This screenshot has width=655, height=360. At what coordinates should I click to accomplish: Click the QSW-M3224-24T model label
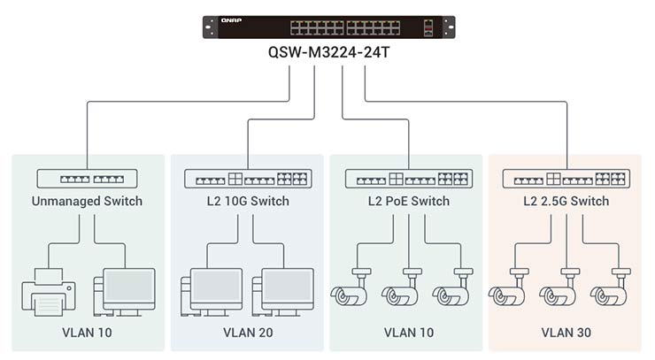click(328, 51)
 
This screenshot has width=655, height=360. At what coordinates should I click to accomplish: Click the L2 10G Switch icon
click(247, 179)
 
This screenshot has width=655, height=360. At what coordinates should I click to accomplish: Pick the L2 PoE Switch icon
click(408, 179)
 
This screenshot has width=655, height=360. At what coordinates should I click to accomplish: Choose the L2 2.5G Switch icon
click(566, 179)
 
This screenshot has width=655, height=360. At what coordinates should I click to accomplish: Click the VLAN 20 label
click(247, 333)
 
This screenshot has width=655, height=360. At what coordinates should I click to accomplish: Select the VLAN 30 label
click(566, 333)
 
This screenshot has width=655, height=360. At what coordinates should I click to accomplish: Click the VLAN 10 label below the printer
click(88, 333)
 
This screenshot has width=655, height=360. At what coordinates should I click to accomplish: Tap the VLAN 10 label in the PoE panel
click(408, 333)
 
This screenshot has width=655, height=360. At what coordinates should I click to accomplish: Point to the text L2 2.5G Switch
click(566, 201)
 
